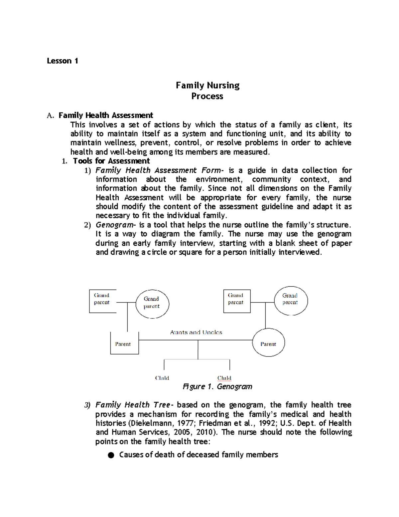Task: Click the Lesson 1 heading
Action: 62,61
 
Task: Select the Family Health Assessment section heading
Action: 105,115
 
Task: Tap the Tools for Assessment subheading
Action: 111,161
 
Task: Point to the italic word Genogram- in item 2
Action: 113,225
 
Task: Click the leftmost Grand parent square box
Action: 102,301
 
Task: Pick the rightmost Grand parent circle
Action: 291,301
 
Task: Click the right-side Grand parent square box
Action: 236,301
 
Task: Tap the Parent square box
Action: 124,343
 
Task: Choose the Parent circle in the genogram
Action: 268,343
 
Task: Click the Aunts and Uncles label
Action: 196,332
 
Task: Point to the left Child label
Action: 162,378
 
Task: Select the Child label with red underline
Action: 224,378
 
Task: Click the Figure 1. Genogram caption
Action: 217,387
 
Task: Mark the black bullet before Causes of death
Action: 111,455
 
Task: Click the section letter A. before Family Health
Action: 50,116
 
